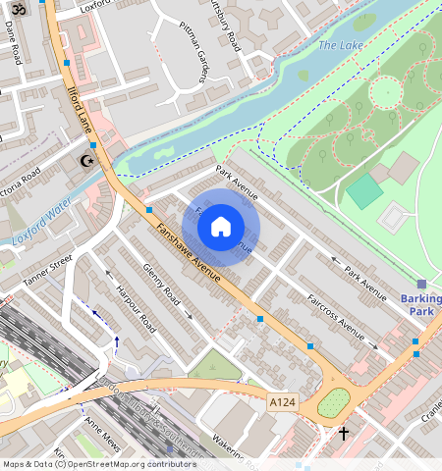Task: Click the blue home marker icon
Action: click(x=221, y=227)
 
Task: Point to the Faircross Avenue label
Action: click(x=341, y=320)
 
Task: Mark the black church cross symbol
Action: click(x=344, y=433)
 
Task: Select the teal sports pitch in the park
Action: click(x=365, y=190)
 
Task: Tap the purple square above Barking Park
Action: click(x=422, y=283)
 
